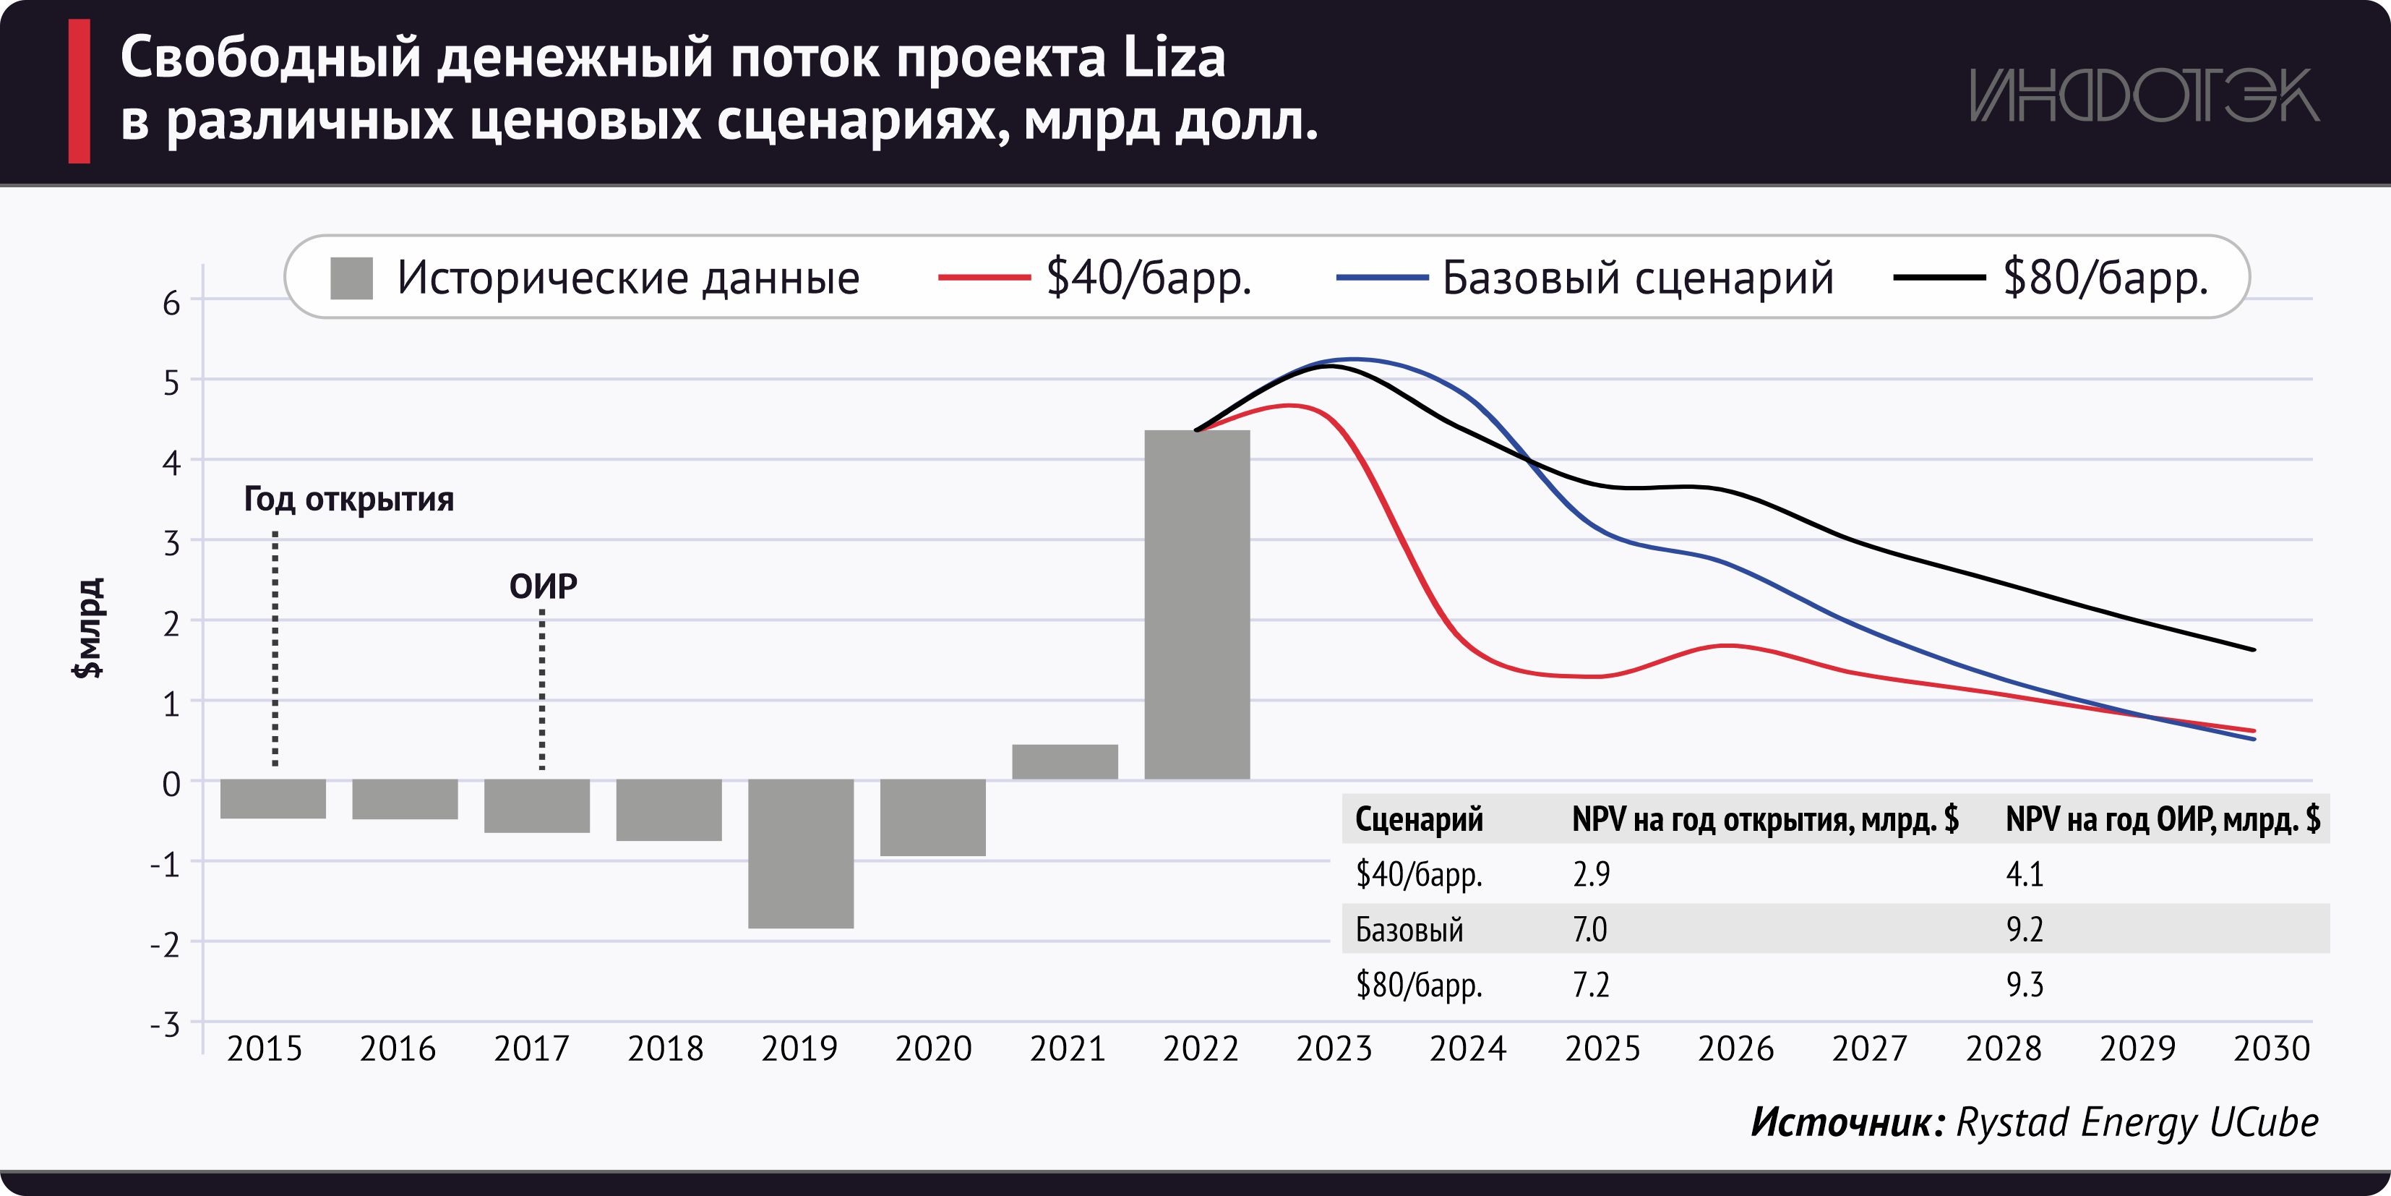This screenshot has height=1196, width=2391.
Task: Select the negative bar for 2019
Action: [x=800, y=853]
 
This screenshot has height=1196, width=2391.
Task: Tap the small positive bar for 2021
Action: [x=1065, y=761]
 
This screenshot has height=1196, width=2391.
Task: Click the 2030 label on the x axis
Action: [x=2270, y=1048]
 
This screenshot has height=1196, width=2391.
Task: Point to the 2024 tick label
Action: [x=1467, y=1048]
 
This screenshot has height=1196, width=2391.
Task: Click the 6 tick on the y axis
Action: [x=172, y=303]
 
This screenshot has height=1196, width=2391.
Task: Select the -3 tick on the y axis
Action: [x=166, y=1025]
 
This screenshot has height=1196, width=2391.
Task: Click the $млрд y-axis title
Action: [x=89, y=628]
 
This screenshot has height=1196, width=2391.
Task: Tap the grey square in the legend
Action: [x=352, y=278]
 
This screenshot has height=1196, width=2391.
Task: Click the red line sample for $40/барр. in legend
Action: [x=984, y=278]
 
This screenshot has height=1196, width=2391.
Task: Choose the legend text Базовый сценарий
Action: [x=1637, y=278]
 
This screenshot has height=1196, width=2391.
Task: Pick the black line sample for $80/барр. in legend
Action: [x=1938, y=278]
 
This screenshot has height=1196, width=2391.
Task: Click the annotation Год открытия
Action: [x=349, y=500]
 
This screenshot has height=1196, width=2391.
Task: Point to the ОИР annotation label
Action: [x=543, y=586]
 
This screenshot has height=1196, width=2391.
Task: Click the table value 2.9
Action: [x=1591, y=873]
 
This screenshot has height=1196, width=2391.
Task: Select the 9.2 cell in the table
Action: [x=2025, y=928]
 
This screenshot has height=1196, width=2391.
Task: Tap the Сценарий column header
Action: [x=1418, y=819]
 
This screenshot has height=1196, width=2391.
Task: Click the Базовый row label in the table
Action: [x=1409, y=928]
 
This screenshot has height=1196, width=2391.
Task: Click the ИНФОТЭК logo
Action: [x=2144, y=95]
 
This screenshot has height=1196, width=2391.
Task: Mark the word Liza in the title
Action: [x=1174, y=58]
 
